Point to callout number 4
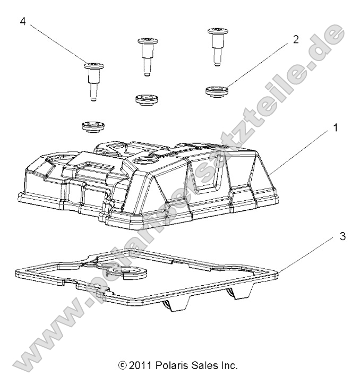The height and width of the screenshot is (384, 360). coord(23,22)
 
